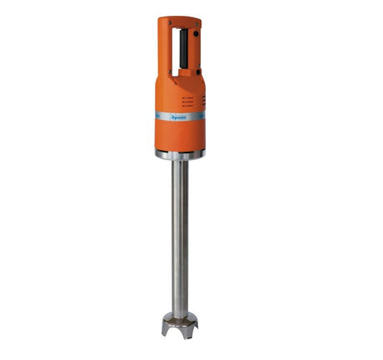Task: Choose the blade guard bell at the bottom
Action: (x=180, y=323)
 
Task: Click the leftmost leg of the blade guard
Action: (x=165, y=331)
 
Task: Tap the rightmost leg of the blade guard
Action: (x=196, y=330)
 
